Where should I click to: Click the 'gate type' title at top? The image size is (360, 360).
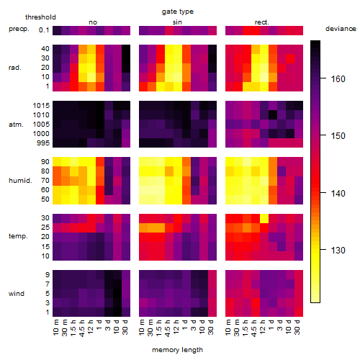(x=178, y=12)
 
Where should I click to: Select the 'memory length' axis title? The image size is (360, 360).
(x=177, y=350)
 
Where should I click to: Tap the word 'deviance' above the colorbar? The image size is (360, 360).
(x=341, y=29)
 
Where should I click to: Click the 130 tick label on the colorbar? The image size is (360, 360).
(x=338, y=251)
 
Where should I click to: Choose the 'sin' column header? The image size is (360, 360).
(x=177, y=22)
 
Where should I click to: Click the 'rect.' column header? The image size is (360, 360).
(x=262, y=22)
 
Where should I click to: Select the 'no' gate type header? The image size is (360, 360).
(x=93, y=22)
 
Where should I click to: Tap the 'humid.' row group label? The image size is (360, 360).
(x=20, y=181)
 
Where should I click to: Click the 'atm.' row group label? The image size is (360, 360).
(x=16, y=125)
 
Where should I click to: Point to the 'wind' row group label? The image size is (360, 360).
(x=17, y=294)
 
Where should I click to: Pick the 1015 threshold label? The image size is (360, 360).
(x=41, y=105)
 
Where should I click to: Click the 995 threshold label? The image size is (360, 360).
(x=43, y=143)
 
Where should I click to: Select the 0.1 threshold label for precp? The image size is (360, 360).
(x=44, y=30)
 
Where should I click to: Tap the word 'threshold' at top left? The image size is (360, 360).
(x=40, y=17)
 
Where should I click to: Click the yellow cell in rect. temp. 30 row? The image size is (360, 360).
(x=264, y=218)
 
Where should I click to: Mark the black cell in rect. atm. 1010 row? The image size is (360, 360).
(x=273, y=115)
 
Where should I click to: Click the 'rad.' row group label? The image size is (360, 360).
(x=15, y=68)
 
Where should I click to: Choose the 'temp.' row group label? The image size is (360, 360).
(x=18, y=236)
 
